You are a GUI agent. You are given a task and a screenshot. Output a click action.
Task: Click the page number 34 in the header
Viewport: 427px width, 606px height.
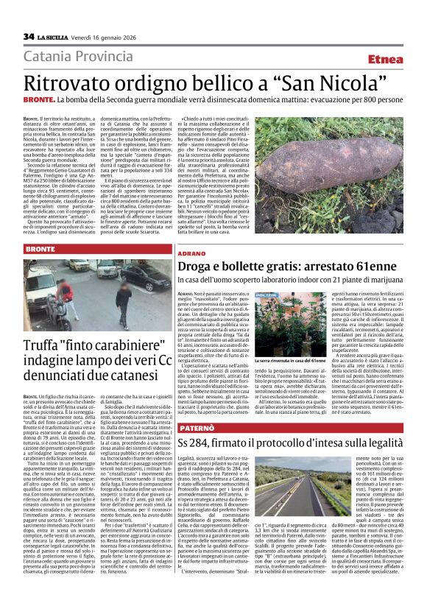(x=29, y=36)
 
